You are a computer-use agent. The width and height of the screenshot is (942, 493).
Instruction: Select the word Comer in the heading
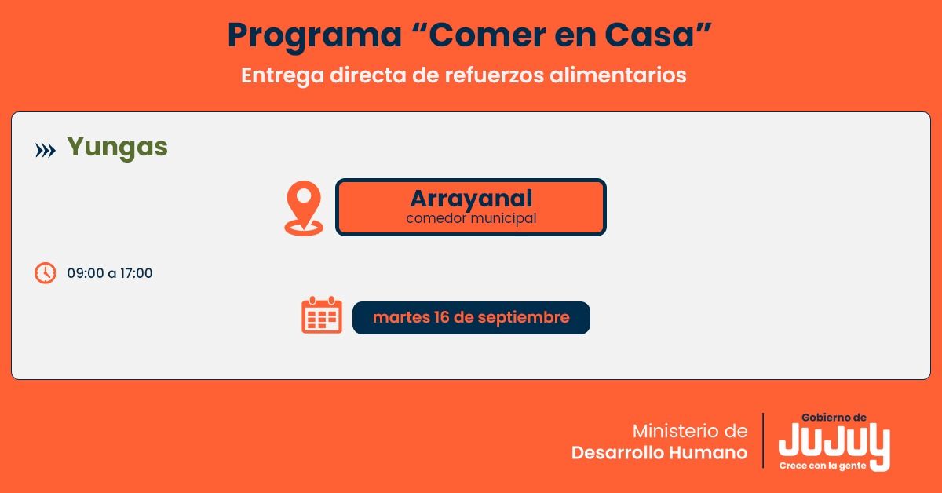tap(480, 35)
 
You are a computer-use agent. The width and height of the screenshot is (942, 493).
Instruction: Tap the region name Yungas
tap(117, 147)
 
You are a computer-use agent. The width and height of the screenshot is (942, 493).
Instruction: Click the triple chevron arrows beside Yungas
tap(46, 150)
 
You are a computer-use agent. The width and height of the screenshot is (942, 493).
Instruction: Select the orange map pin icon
tap(304, 207)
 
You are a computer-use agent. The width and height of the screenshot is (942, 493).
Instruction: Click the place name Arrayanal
tap(471, 199)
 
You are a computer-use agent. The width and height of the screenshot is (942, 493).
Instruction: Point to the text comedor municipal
tap(471, 218)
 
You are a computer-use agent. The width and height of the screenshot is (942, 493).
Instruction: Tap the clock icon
tap(46, 273)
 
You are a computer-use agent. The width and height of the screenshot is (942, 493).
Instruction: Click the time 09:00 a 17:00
tap(110, 273)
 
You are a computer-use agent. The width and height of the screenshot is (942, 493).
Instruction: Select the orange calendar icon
tap(322, 316)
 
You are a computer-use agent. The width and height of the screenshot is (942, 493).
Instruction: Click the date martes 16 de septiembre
tap(471, 318)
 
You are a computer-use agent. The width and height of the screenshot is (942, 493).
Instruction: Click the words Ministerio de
tap(690, 431)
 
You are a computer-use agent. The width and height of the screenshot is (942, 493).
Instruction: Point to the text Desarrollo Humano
tap(659, 453)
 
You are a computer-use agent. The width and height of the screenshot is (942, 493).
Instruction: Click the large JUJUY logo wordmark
tap(834, 443)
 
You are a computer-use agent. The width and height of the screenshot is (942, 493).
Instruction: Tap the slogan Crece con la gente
tap(823, 466)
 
